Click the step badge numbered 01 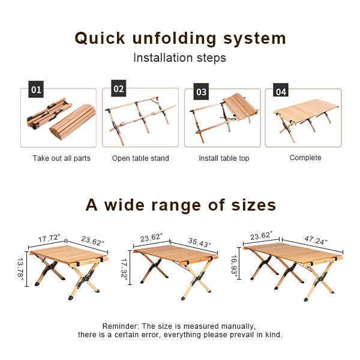36,89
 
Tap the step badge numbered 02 118,88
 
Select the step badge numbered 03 201,92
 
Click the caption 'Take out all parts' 62,158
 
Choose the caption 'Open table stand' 140,158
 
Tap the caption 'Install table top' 224,158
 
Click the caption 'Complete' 305,158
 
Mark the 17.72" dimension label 49,238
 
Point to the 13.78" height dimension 20,269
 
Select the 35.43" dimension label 199,242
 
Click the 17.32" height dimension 124,269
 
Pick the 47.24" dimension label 316,241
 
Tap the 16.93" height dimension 234,264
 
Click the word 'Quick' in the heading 100,38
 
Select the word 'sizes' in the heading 253,205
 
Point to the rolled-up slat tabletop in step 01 73,122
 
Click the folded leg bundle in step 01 49,113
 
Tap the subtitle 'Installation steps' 180,58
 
